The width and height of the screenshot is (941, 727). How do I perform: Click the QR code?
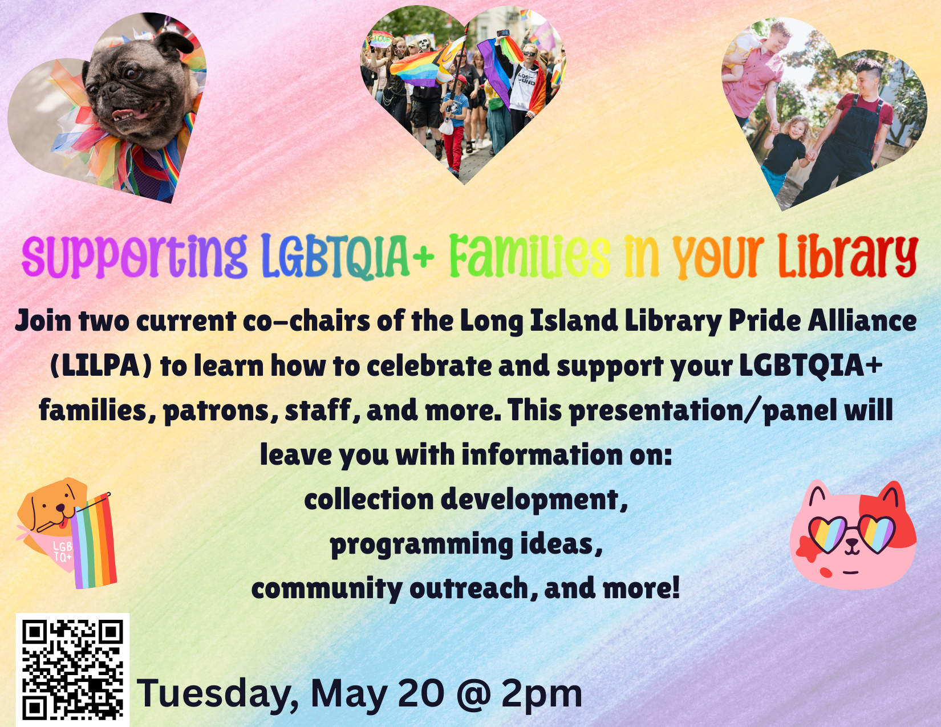72,670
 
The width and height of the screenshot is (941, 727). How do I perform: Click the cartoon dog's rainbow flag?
93,541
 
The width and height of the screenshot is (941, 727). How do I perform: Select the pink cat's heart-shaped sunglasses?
851,534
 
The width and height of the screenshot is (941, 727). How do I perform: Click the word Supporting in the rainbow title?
134,256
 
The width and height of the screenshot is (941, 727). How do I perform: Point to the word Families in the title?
529,256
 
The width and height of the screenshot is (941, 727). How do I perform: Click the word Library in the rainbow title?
847,256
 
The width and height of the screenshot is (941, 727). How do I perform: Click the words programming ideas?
467,545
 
